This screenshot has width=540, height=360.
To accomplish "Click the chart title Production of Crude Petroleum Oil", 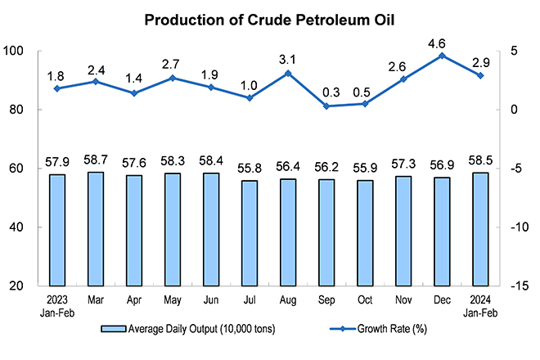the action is (x=269, y=20).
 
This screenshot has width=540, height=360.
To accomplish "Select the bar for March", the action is (x=96, y=229).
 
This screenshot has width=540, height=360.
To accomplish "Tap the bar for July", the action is (x=250, y=233).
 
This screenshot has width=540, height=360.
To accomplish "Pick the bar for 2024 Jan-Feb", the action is (x=480, y=229).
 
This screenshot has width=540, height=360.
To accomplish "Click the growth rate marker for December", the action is (x=442, y=56).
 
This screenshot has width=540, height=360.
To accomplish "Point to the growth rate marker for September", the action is (x=326, y=106).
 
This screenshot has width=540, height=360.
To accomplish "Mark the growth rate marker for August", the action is (x=288, y=74).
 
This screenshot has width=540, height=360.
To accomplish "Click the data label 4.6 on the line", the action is (x=437, y=43).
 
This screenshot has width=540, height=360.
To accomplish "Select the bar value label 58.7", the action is (x=96, y=160).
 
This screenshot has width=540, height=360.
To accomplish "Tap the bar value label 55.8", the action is (x=250, y=168).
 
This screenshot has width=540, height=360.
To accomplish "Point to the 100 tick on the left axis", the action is (x=13, y=51).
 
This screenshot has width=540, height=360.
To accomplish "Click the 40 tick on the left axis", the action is (x=16, y=227).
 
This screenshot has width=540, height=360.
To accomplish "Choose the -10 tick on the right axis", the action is (x=520, y=227).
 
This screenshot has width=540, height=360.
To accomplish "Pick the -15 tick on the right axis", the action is (x=520, y=286).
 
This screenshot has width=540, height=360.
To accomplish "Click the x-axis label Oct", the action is (x=365, y=300).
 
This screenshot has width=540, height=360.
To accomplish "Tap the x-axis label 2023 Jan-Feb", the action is (x=57, y=306).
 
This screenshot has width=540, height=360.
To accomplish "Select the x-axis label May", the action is (x=173, y=300).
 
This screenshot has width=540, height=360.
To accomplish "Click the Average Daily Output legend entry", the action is (x=188, y=329).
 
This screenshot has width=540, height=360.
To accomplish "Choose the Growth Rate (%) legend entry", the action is (x=378, y=329).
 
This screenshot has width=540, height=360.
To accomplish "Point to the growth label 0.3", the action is (x=331, y=92).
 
